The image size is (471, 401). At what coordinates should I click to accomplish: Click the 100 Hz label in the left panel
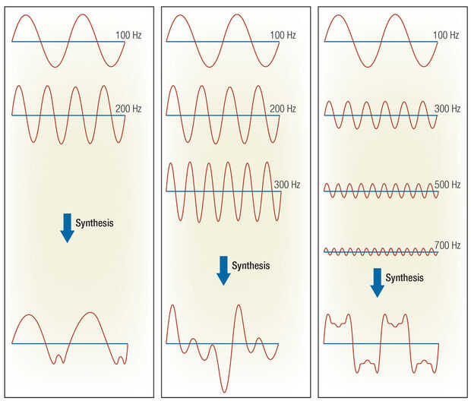(x=128, y=35)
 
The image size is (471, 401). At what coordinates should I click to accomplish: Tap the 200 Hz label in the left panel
(x=128, y=109)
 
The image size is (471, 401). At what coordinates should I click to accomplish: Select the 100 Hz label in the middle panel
(x=283, y=35)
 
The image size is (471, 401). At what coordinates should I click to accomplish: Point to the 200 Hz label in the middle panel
(x=283, y=109)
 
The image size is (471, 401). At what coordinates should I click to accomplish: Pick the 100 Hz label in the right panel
(x=446, y=35)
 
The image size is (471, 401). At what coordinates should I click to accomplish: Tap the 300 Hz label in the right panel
(x=447, y=109)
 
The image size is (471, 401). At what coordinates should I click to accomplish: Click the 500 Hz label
(x=447, y=185)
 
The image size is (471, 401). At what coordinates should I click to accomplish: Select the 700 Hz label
(x=447, y=245)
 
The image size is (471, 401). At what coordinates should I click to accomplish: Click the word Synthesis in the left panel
(x=95, y=223)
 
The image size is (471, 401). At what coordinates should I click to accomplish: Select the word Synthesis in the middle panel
(x=251, y=266)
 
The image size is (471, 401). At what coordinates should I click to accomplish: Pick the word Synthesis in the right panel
(x=405, y=277)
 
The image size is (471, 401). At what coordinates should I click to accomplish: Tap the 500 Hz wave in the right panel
(x=381, y=191)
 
